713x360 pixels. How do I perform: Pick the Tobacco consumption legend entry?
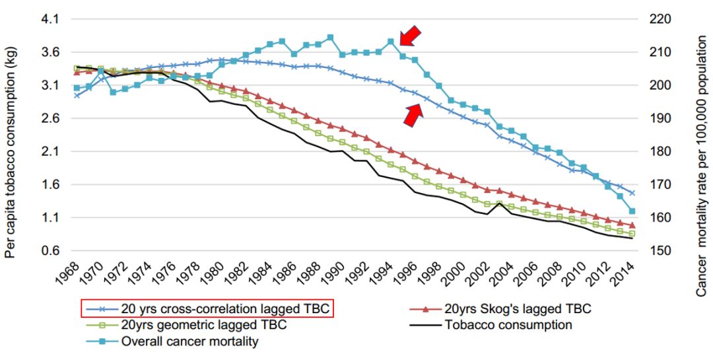tap(508, 325)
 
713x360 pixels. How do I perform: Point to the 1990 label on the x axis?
tap(335, 271)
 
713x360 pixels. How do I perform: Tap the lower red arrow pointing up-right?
tap(413, 115)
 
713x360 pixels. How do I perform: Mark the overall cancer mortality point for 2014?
tap(632, 211)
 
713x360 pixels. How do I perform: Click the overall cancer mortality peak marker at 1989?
tap(330, 38)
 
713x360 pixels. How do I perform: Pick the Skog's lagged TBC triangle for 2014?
tap(632, 225)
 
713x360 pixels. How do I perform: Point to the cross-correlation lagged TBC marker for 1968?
tap(77, 96)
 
